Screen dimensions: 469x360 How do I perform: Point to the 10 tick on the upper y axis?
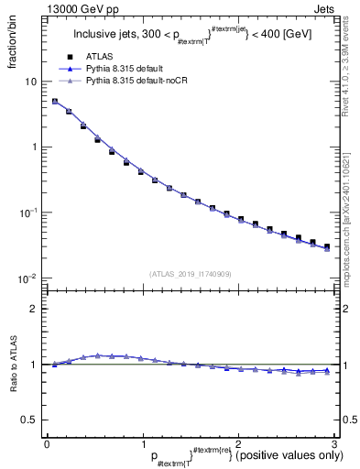tap(31, 82)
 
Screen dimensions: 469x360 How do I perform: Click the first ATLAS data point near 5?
tap(55, 102)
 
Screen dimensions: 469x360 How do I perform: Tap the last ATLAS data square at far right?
tap(326, 246)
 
